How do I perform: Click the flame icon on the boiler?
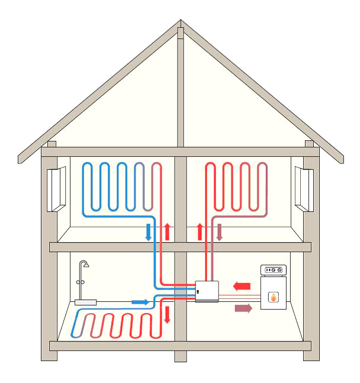pos(274,297)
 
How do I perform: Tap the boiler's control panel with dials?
pos(274,271)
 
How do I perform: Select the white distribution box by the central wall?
pos(207,291)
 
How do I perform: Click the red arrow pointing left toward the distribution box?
pos(242,287)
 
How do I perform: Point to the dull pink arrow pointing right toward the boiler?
pos(243,308)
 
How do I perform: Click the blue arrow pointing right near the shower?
pos(140,302)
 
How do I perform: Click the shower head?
pos(86,263)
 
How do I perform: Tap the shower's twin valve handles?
pos(85,282)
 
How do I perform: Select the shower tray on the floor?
pos(86,302)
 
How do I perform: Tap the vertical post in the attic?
pos(181,89)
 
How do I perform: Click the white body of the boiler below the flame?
pos(274,308)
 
